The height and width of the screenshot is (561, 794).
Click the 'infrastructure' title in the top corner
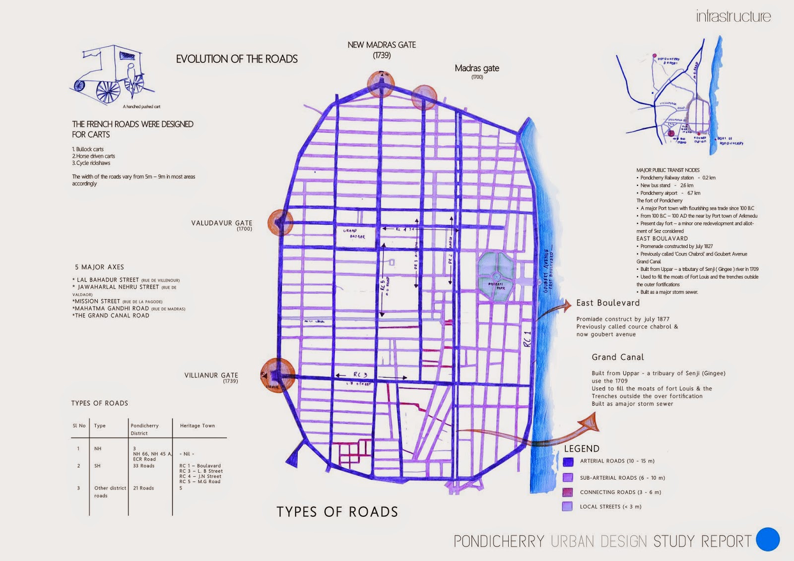[733, 16]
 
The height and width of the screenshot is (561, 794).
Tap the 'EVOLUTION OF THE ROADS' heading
[237, 59]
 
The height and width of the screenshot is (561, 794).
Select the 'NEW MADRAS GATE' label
[382, 45]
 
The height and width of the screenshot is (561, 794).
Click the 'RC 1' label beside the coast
[528, 339]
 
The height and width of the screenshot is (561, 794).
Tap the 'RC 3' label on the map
[360, 375]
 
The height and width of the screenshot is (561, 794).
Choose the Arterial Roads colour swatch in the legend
[568, 462]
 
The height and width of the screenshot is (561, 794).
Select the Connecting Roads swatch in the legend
[568, 493]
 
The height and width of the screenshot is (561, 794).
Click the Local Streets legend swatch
[568, 506]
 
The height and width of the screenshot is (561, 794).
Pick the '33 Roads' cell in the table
[144, 466]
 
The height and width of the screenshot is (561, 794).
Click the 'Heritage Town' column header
[198, 426]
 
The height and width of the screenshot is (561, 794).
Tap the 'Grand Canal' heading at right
[617, 357]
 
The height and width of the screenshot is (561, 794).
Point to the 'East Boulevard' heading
[608, 303]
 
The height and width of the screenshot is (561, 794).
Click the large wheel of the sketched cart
[108, 92]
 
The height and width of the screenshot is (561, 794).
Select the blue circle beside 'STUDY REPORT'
[768, 539]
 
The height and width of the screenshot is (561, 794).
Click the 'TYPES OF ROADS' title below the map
[337, 512]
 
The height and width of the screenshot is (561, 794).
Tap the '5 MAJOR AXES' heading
[99, 267]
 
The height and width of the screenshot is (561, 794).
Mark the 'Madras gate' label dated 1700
[477, 68]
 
